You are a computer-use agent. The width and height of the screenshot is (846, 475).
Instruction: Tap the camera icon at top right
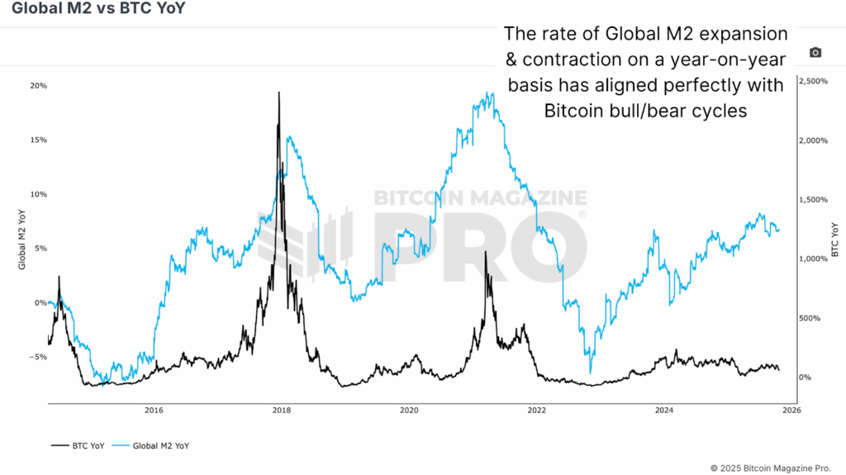click(x=815, y=52)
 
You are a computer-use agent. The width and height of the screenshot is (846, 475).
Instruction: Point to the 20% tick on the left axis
click(x=38, y=86)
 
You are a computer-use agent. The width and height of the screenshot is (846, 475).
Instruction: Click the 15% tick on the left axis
click(x=38, y=140)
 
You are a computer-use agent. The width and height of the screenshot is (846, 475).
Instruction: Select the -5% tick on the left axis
click(x=38, y=357)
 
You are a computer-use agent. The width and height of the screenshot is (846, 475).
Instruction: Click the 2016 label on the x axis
click(x=153, y=409)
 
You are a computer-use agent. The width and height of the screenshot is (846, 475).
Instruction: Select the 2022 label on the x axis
click(x=537, y=409)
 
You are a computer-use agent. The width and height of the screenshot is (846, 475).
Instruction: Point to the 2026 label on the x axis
click(x=791, y=409)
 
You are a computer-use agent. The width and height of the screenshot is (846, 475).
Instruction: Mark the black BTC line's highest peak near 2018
click(x=279, y=93)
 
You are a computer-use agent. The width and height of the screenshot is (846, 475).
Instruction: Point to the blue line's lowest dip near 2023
click(x=590, y=373)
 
